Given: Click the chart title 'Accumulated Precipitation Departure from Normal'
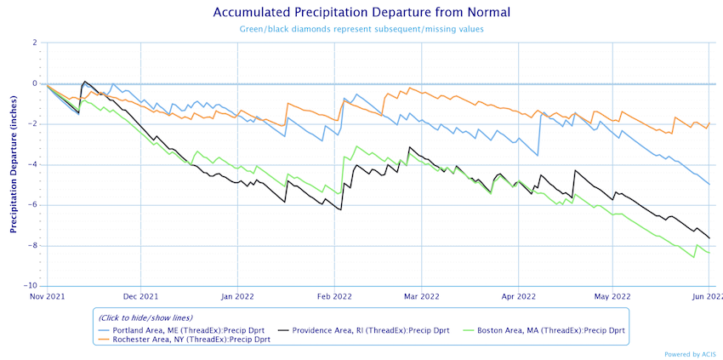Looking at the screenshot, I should tap(361, 13).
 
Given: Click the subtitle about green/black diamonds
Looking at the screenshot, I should tap(361, 30).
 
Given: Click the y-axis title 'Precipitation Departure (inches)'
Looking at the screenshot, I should tap(14, 163).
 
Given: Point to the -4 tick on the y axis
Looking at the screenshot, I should tap(34, 164).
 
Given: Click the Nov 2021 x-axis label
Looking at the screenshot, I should tap(47, 297).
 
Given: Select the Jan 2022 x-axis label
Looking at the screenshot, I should tap(236, 297).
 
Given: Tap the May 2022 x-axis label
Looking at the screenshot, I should tap(612, 297).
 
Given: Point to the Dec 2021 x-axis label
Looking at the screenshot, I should tap(140, 297).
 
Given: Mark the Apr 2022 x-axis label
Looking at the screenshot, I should tap(518, 297).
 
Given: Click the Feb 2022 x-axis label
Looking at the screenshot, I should tap(333, 297).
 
